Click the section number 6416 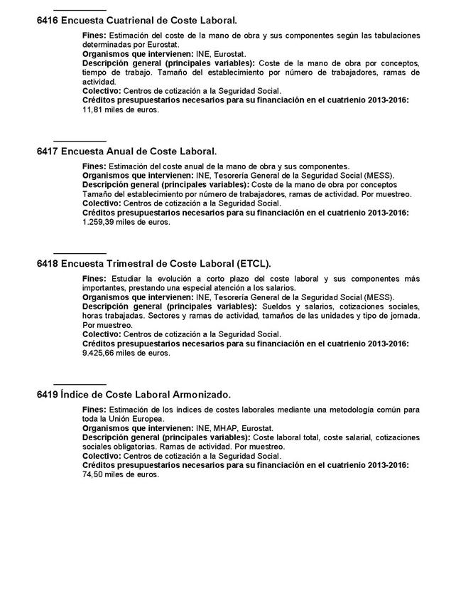[47, 22]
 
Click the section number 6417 [47, 151]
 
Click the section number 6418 [47, 263]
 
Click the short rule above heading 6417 [80, 140]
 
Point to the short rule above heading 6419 [80, 383]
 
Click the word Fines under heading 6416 [94, 35]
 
